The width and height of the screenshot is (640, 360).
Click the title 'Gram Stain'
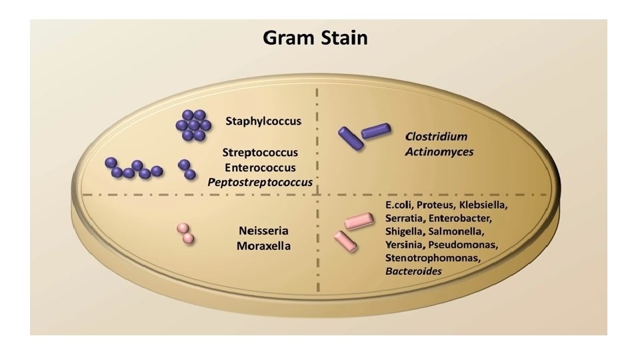[315, 38]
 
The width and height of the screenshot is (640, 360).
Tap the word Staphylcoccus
[263, 121]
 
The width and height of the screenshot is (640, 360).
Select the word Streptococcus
[260, 153]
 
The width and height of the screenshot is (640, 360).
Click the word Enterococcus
[260, 167]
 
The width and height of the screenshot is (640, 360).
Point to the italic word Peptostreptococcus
[260, 181]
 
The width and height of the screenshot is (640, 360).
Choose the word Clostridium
[436, 137]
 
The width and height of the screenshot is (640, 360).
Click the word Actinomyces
[439, 152]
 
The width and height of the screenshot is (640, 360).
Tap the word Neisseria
[264, 231]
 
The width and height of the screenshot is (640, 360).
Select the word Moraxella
[264, 246]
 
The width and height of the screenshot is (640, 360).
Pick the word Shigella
[406, 231]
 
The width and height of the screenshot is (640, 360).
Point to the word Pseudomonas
[470, 244]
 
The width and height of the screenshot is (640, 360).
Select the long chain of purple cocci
[133, 169]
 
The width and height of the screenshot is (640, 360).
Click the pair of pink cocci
[185, 233]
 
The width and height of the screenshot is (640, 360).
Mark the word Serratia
[405, 217]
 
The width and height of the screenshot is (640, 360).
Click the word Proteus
[435, 204]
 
